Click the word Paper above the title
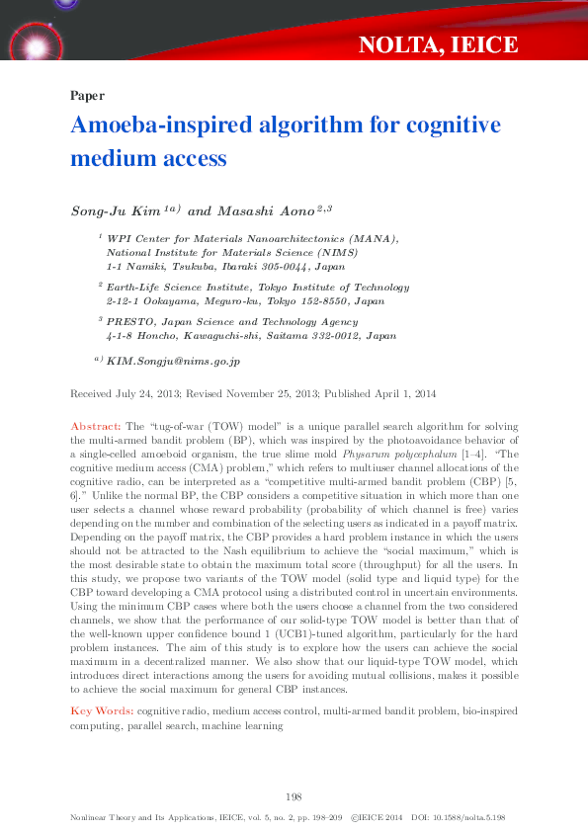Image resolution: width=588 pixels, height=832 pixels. (88, 96)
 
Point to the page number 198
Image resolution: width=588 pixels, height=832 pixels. (294, 796)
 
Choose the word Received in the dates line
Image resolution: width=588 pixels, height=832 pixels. (92, 394)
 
